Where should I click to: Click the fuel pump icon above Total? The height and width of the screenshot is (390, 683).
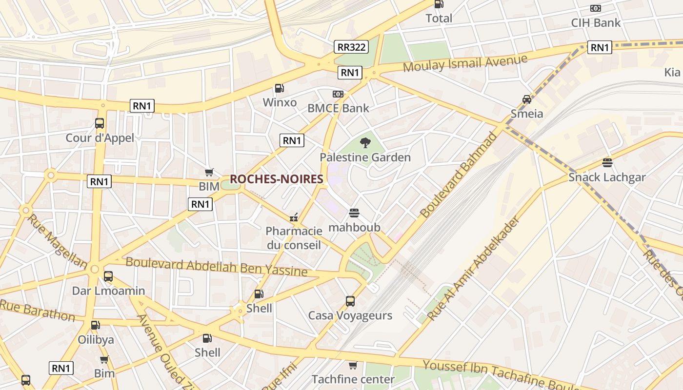[439, 4]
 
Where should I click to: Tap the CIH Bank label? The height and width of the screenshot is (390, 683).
[596, 22]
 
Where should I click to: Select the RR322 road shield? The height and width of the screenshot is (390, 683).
[351, 47]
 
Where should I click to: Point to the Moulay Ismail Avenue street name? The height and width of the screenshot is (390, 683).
[465, 63]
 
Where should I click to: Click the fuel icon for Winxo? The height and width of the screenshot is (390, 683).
[280, 88]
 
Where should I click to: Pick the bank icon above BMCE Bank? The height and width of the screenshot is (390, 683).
[338, 94]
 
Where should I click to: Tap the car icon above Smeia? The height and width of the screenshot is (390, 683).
[527, 99]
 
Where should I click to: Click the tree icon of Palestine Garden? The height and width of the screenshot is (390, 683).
[365, 142]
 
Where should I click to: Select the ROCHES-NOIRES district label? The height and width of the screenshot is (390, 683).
[277, 179]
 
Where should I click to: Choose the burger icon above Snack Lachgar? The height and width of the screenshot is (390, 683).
[607, 162]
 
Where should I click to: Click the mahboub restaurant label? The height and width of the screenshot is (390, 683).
[354, 227]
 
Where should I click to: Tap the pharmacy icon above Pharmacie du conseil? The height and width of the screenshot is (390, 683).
[294, 216]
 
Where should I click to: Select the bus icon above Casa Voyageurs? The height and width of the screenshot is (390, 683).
[350, 301]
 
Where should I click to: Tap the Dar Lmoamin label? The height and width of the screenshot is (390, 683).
[108, 291]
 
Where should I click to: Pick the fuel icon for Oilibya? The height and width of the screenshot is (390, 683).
[96, 325]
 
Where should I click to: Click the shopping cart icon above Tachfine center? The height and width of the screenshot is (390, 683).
[353, 365]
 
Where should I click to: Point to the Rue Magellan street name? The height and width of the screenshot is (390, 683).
[56, 241]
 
